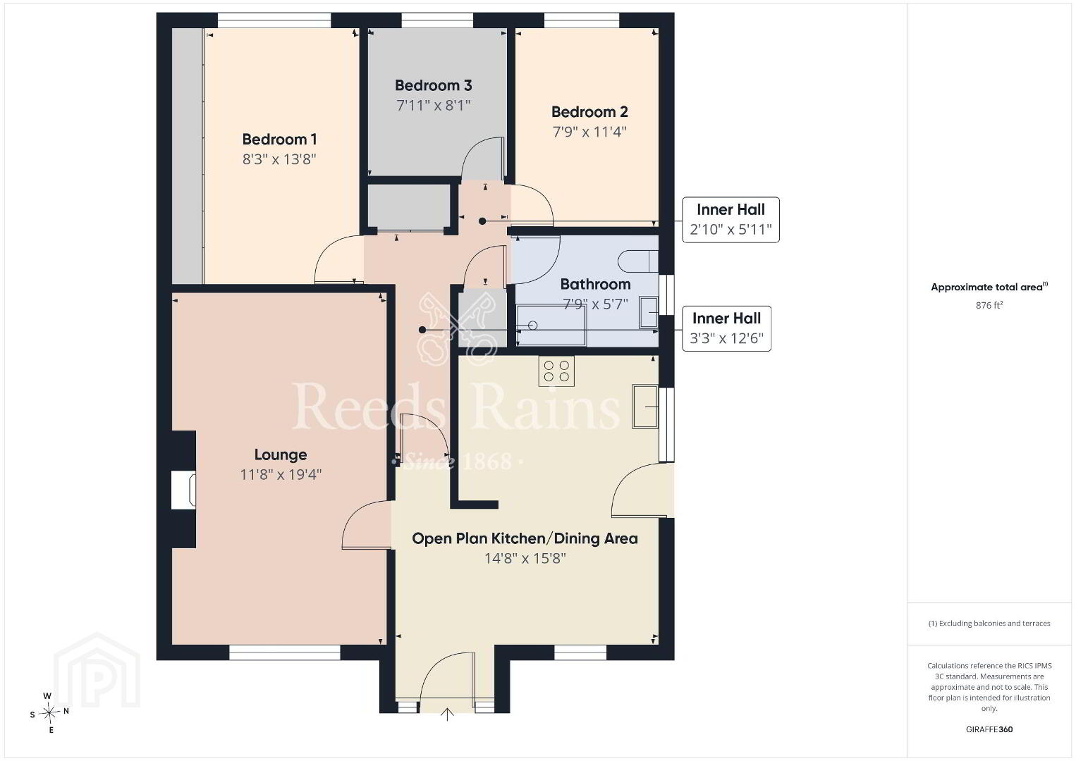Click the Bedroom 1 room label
[x=279, y=140]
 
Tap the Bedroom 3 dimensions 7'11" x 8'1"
[x=433, y=105]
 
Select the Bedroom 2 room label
[x=589, y=112]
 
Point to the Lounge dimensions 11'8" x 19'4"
[x=281, y=474]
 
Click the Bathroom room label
[x=595, y=284]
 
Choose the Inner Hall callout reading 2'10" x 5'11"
[x=730, y=219]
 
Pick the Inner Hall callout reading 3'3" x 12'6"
[x=726, y=328]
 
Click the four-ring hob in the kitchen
[x=556, y=371]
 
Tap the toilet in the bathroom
[x=638, y=261]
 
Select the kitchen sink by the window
[x=645, y=406]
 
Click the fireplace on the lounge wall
[x=183, y=489]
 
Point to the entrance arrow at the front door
[x=447, y=714]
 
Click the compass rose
[x=49, y=713]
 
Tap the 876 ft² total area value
[x=989, y=305]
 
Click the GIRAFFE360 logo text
[x=989, y=729]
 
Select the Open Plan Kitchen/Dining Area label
[x=525, y=539]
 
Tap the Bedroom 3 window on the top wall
[x=437, y=20]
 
